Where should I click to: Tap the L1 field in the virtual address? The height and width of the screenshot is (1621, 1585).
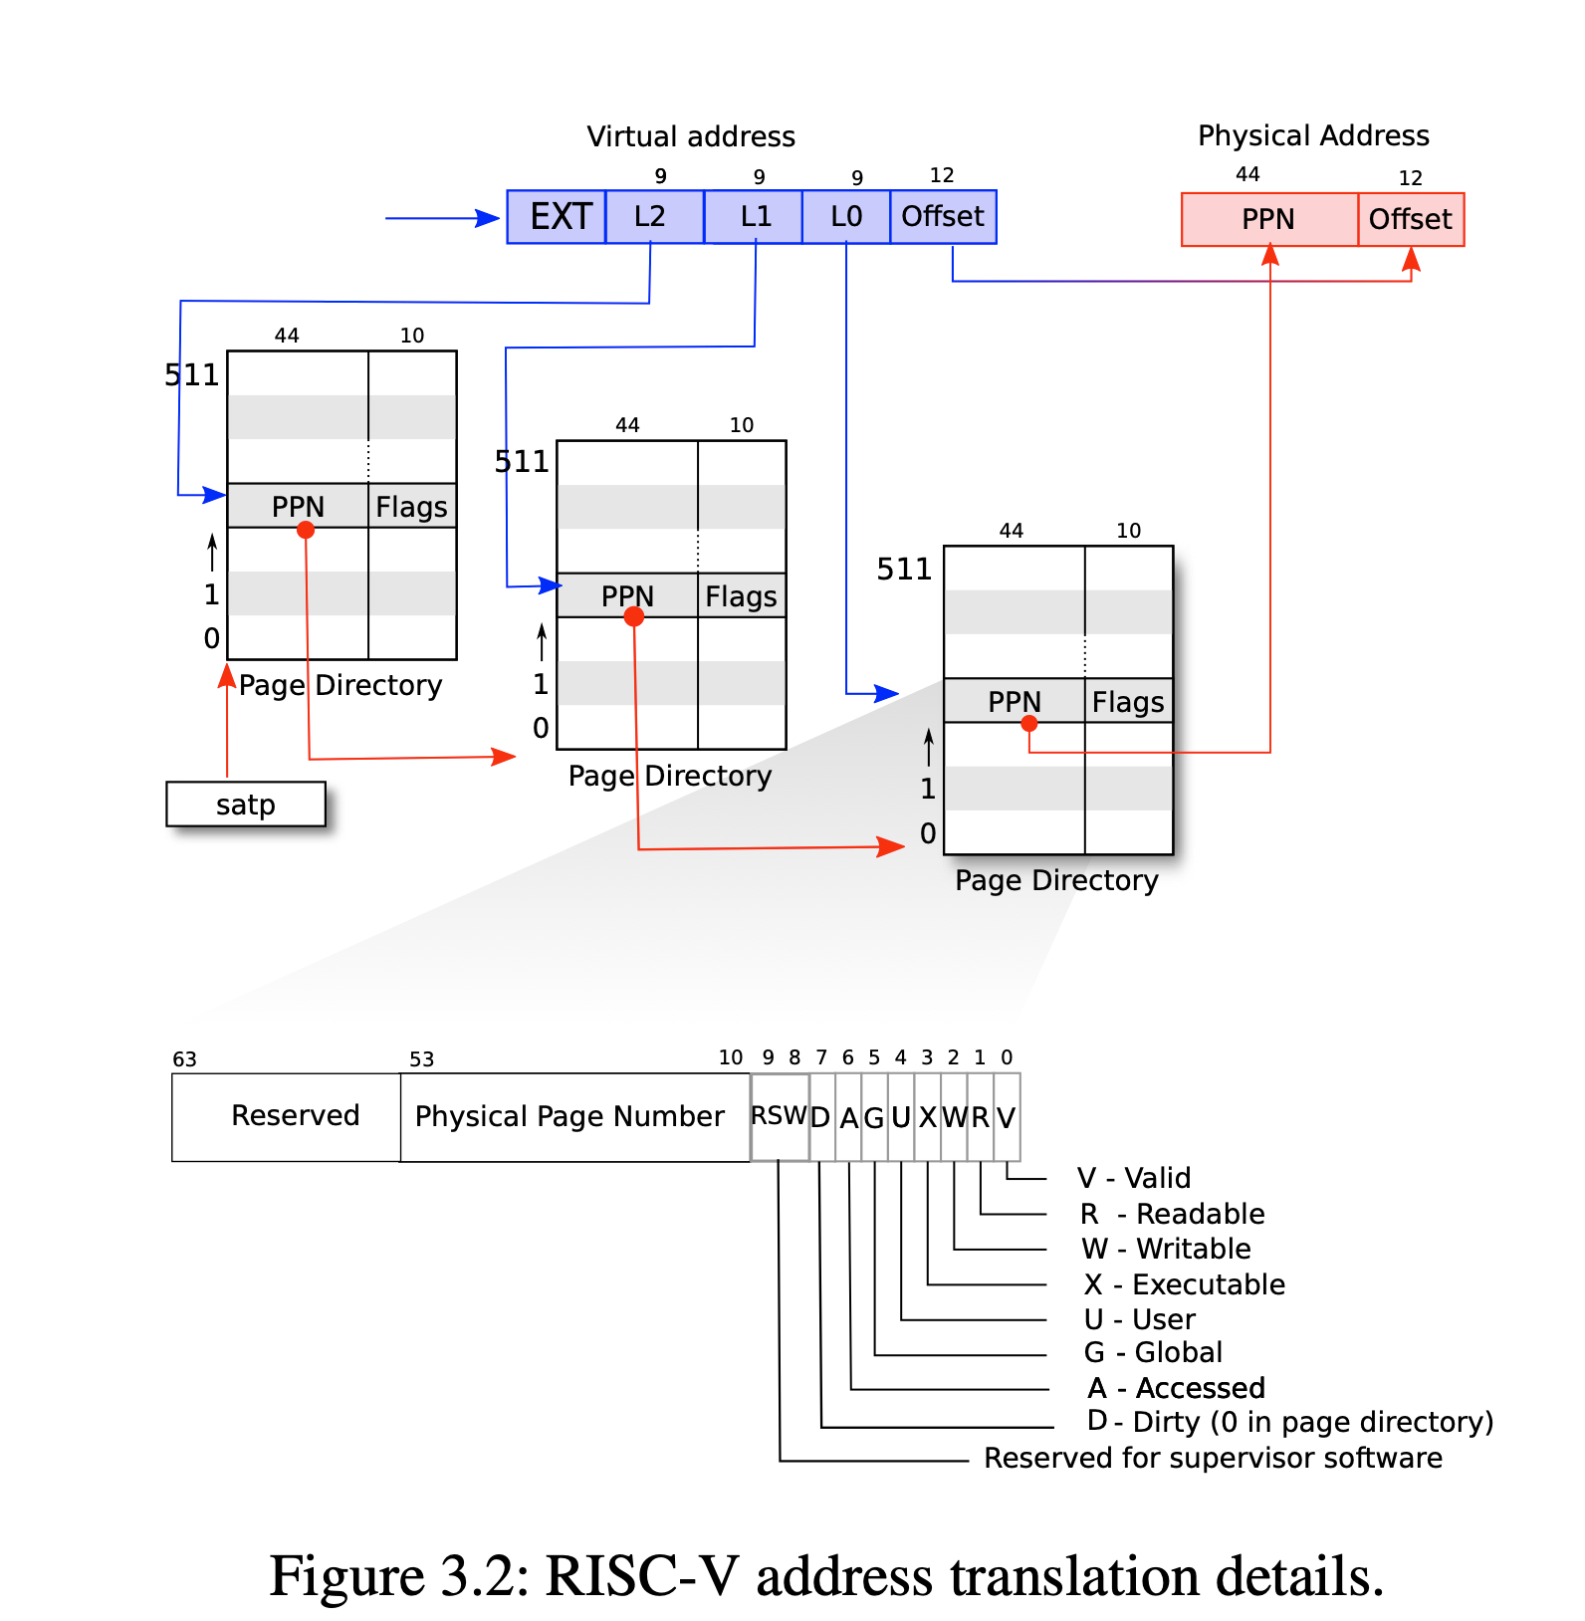[x=754, y=217]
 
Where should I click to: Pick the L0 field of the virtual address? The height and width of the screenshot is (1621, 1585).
[x=846, y=217]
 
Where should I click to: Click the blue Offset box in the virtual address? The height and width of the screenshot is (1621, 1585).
[x=943, y=217]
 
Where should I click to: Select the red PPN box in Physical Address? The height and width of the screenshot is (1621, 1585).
[x=1268, y=219]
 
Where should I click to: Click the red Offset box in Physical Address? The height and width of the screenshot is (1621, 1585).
[x=1410, y=219]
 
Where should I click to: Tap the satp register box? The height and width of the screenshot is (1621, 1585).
[x=246, y=805]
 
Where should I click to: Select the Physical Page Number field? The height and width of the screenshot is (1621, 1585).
[x=569, y=1116]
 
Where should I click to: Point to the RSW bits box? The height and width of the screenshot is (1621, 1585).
[x=779, y=1116]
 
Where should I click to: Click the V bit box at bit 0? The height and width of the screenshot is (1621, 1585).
[x=1007, y=1117]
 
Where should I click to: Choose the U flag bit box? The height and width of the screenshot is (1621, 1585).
[x=901, y=1117]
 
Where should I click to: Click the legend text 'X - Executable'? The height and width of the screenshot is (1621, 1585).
[x=1184, y=1284]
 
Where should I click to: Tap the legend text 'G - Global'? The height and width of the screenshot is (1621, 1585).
[x=1153, y=1352]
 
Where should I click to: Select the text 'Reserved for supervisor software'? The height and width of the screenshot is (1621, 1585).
[x=1213, y=1458]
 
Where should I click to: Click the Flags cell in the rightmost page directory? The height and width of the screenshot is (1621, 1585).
[x=1127, y=702]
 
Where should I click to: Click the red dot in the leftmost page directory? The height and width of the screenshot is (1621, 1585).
[x=306, y=531]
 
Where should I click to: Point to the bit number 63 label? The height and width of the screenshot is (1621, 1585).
[x=185, y=1059]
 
